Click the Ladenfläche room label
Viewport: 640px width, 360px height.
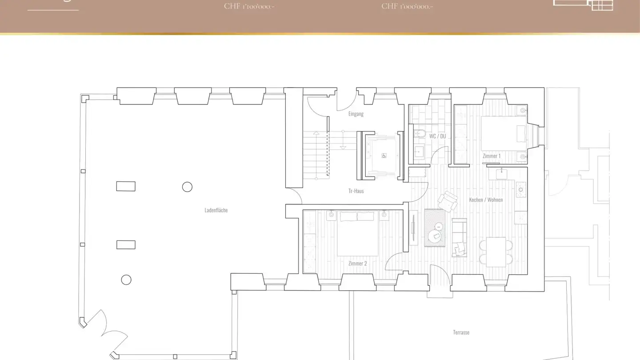pos(216,210)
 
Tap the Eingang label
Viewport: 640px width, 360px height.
pos(356,114)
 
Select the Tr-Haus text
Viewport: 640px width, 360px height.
pos(356,191)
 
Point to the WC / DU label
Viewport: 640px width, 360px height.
pos(437,136)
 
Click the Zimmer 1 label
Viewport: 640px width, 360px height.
pos(492,156)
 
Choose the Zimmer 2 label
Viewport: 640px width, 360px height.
pos(358,264)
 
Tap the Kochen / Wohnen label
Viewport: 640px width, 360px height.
pos(486,200)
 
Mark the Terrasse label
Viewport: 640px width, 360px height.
pos(461,332)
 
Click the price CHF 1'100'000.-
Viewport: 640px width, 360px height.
pos(249,6)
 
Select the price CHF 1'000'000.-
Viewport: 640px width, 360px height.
pos(407,6)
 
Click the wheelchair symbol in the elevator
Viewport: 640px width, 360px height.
pos(384,156)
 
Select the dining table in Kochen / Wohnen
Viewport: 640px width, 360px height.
pos(496,252)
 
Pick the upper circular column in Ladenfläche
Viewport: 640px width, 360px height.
pos(187,187)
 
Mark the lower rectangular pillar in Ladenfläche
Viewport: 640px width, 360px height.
pos(126,244)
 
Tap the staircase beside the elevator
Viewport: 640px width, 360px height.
pos(316,156)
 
